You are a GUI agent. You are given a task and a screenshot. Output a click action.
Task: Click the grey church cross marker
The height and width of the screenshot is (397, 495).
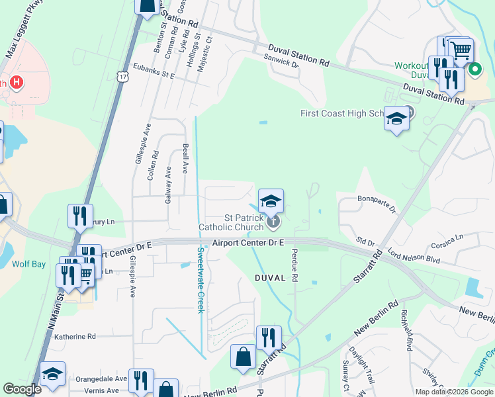point(273,221)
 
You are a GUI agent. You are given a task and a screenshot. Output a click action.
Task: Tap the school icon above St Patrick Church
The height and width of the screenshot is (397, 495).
point(271,201)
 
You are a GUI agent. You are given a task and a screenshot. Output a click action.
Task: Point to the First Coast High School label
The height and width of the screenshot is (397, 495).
point(341,113)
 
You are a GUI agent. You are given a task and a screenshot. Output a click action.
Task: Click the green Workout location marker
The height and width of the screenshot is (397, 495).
point(474,69)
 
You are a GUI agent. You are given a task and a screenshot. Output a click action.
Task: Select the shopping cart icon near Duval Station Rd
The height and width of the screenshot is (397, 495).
point(461,50)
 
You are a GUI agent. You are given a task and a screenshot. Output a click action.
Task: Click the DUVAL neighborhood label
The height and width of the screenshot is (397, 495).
point(269,279)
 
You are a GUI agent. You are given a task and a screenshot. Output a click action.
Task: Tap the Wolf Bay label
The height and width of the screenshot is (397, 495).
point(28,264)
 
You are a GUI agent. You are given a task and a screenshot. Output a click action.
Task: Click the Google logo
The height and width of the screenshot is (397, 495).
point(22,389)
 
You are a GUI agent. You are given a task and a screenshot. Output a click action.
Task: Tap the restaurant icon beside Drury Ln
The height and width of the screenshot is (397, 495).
point(80,216)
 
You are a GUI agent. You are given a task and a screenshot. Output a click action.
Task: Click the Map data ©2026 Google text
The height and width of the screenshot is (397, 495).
point(453,392)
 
